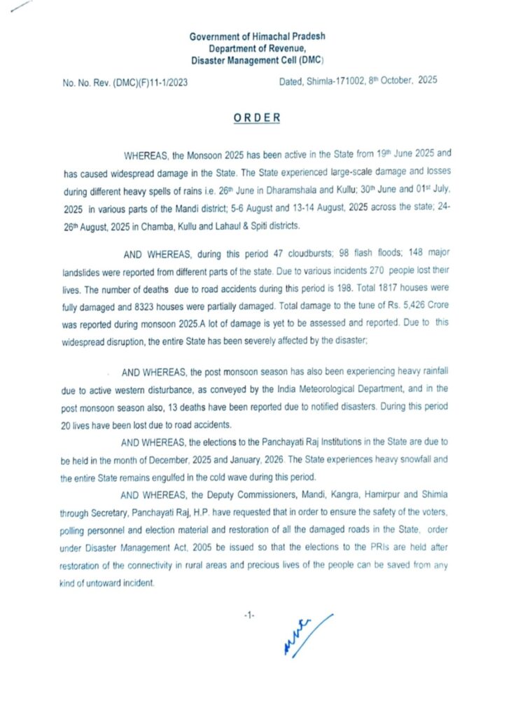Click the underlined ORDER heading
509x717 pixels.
pos(257,118)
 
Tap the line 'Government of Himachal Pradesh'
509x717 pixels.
pos(257,36)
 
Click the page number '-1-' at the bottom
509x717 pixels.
pos(249,615)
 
